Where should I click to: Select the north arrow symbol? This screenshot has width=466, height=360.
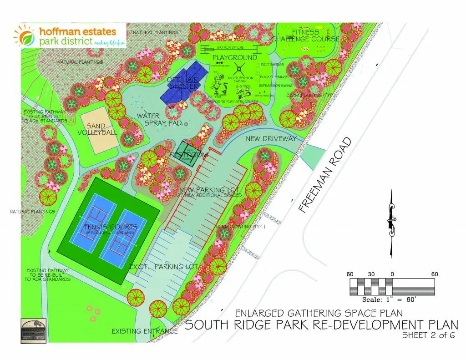[390, 223]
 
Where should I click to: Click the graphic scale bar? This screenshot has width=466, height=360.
[392, 287]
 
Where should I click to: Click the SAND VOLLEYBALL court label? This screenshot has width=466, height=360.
[97, 129]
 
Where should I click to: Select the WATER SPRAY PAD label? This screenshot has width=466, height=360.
[159, 120]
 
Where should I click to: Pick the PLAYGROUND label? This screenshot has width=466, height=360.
[235, 58]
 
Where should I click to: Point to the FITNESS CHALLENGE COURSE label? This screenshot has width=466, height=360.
[305, 35]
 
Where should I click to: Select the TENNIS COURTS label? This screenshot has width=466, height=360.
[111, 227]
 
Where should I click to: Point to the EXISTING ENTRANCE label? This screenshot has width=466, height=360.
[145, 331]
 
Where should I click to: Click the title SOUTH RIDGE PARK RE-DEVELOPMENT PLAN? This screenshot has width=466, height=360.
[321, 325]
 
